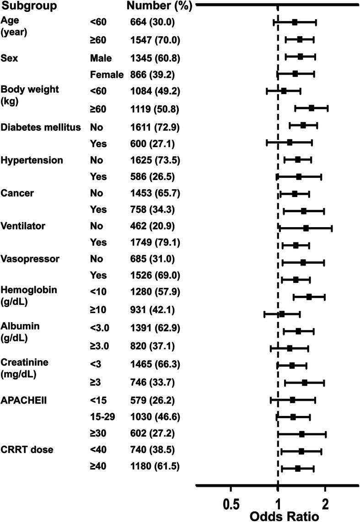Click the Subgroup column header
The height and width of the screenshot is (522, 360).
coord(29,7)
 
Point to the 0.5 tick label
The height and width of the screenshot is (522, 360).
coord(231,502)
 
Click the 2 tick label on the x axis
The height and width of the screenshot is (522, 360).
coord(325,502)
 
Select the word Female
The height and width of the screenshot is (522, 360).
coord(107,74)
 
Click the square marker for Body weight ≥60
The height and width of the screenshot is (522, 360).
coord(312,108)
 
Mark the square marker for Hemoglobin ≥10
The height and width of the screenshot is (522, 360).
coord(282,314)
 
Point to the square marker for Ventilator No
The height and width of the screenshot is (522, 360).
coord(306,228)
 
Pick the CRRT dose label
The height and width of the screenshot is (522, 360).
coord(27,450)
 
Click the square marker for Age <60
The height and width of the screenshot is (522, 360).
coord(295,22)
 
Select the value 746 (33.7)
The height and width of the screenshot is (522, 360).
coord(153,383)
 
